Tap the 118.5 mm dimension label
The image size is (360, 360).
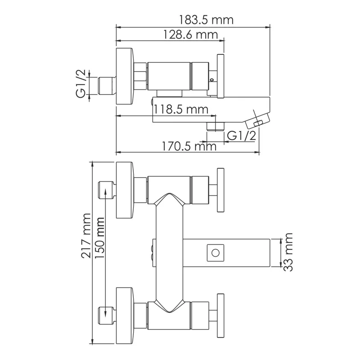tap(180, 109)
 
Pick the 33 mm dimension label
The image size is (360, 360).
tap(288, 252)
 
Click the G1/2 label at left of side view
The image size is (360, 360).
tap(81, 83)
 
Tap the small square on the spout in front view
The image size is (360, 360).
tap(215, 252)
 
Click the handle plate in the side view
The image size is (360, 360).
tap(221, 76)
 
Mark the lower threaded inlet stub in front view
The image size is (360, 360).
tap(106, 314)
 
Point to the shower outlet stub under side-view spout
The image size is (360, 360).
tap(215, 126)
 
